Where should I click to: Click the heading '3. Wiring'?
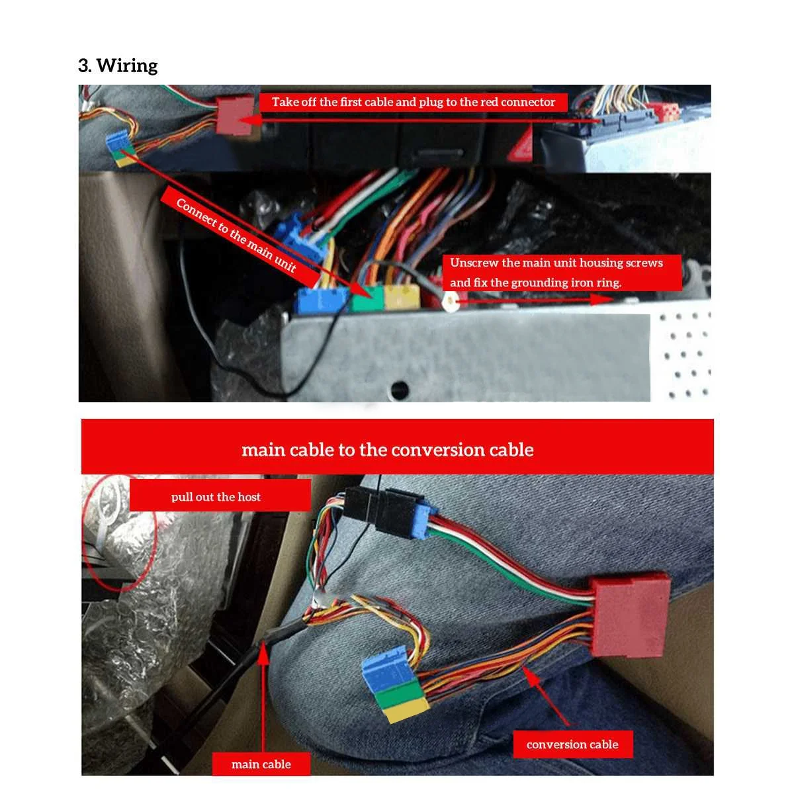[x=118, y=66]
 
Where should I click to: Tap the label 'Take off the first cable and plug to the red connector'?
[x=413, y=102]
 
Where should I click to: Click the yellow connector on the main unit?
[x=402, y=297]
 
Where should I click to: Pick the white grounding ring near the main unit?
[x=451, y=302]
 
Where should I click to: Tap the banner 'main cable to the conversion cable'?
[x=388, y=450]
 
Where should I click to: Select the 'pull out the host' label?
[x=216, y=497]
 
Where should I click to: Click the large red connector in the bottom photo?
[x=629, y=613]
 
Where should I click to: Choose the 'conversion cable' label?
[x=572, y=744]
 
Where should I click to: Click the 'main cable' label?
[x=261, y=764]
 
